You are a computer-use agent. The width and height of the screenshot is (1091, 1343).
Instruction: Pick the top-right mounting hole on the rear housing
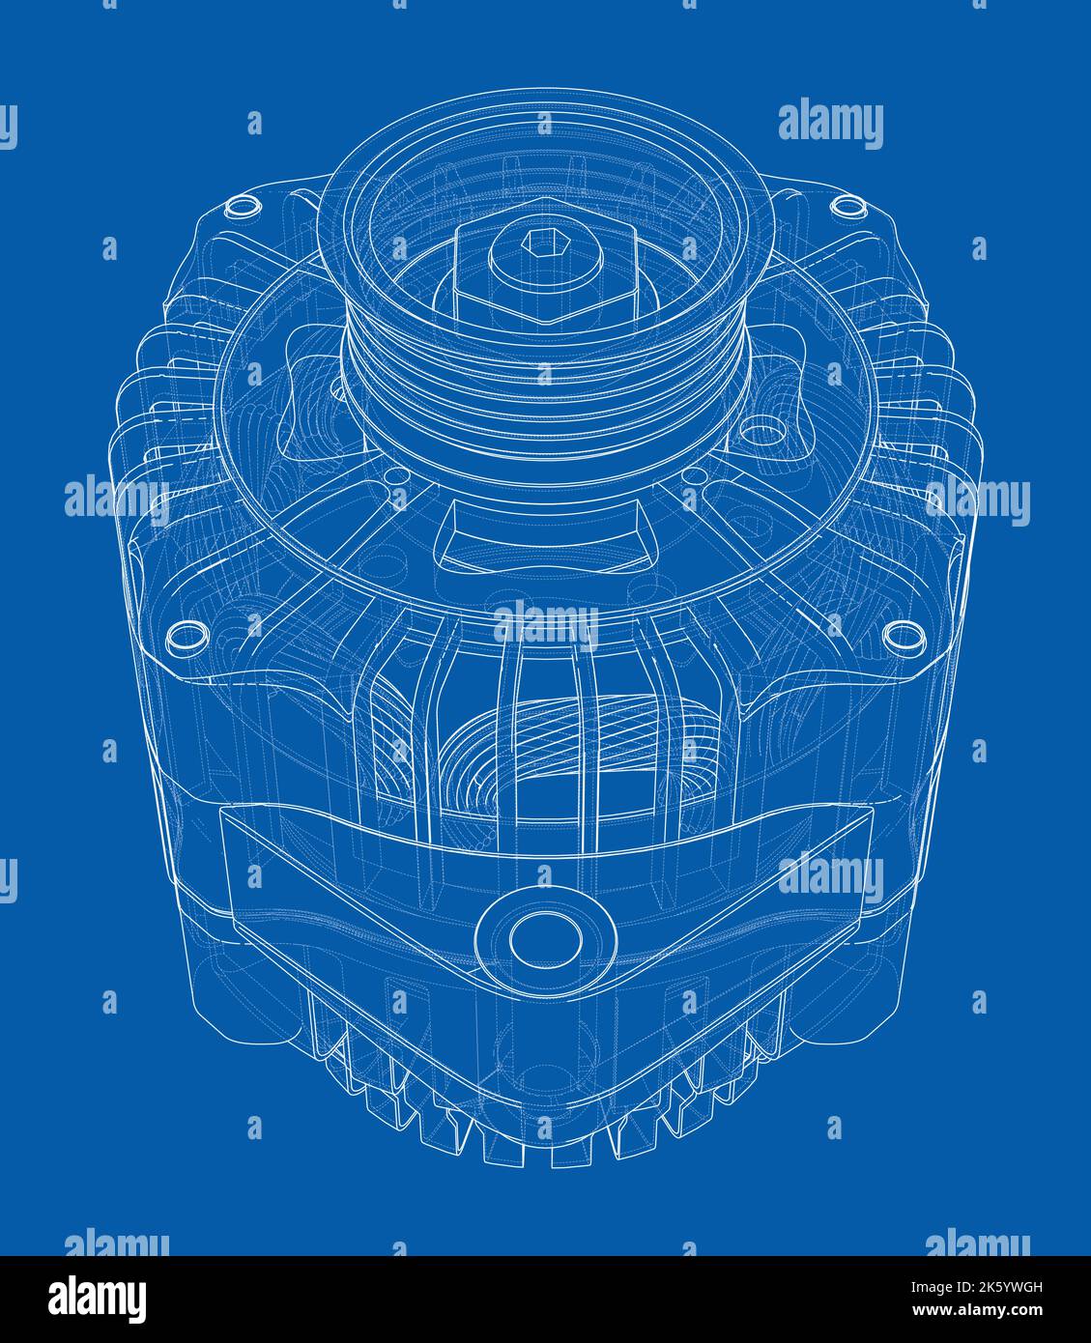tap(847, 204)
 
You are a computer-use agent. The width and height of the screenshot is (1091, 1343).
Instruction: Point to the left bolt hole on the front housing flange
tap(187, 635)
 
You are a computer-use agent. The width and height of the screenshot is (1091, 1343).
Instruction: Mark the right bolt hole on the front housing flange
tap(903, 634)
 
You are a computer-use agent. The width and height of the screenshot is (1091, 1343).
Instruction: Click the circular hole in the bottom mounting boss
tap(546, 938)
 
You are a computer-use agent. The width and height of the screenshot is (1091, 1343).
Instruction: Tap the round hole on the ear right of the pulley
tap(763, 426)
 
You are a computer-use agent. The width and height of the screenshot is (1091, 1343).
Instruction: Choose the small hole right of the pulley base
tap(691, 475)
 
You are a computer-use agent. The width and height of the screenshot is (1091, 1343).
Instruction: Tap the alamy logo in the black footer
tap(98, 1298)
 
